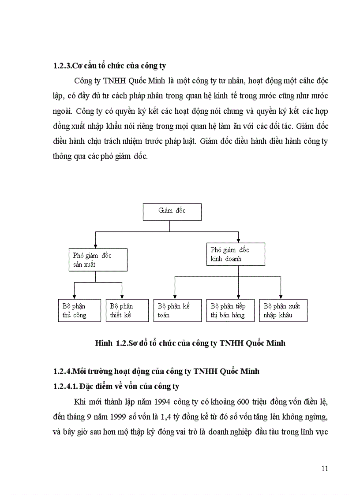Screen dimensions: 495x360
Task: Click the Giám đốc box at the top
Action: (x=172, y=212)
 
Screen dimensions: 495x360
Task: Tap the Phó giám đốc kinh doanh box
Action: (x=236, y=254)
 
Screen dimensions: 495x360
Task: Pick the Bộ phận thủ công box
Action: (x=79, y=310)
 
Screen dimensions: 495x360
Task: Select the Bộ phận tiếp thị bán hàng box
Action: (x=230, y=310)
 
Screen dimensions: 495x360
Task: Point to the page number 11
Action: (x=324, y=469)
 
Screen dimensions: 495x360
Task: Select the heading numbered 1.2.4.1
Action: (x=116, y=387)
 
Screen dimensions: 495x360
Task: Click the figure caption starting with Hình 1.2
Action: (x=190, y=343)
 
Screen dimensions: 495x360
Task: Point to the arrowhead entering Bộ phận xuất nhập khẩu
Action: (x=281, y=297)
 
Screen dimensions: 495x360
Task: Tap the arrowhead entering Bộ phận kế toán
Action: (x=175, y=297)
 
